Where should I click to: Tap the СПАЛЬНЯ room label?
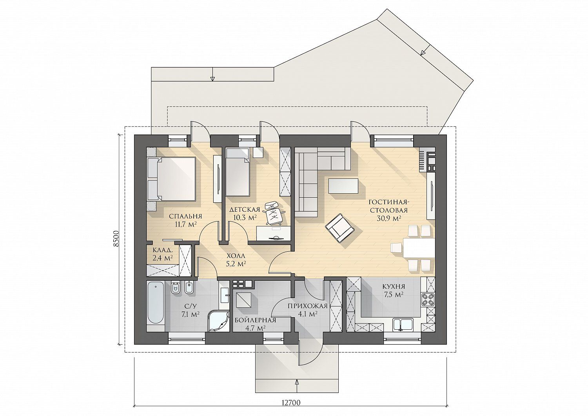(x=185, y=216)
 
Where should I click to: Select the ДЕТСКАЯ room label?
(x=244, y=210)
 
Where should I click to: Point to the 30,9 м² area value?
(x=388, y=218)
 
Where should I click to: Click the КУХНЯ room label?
(x=394, y=287)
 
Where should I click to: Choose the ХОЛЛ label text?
(x=236, y=256)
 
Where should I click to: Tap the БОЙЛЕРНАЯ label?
(x=256, y=320)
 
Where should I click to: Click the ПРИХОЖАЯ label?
(x=308, y=306)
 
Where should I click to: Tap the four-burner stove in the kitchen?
(x=428, y=300)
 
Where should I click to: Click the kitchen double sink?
(x=403, y=325)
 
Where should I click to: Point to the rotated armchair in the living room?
(x=340, y=228)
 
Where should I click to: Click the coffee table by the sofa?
(x=343, y=186)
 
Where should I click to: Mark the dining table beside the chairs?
(x=419, y=248)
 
